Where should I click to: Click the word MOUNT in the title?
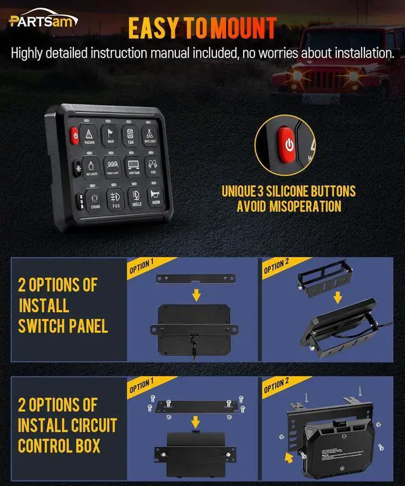[x=243, y=28]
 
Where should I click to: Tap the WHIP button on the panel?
[x=111, y=135]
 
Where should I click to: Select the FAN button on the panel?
[x=130, y=136]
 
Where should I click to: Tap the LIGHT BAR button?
[x=134, y=166]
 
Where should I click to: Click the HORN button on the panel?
[x=156, y=198]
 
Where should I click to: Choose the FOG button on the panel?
[x=115, y=197]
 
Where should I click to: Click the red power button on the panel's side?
[x=74, y=135]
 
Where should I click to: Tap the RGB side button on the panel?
[x=80, y=200]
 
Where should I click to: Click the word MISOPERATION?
[x=289, y=206]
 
